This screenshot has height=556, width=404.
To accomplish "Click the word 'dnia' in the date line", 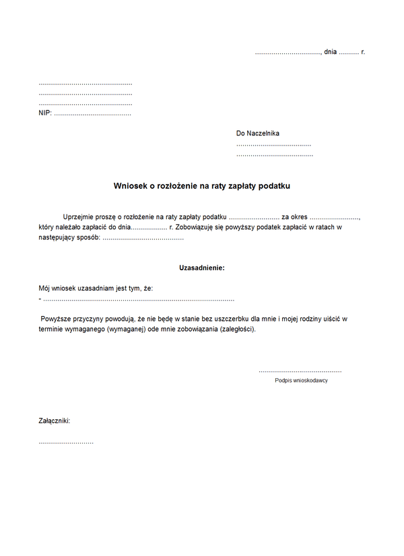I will click(330, 51).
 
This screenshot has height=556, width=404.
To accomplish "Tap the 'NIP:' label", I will click(45, 113).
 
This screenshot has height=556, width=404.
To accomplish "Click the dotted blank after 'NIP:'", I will click(92, 114).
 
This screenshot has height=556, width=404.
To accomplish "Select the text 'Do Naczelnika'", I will click(257, 133).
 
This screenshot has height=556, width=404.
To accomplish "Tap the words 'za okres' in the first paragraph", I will click(294, 217).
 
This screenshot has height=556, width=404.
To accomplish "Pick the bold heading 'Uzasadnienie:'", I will click(201, 268).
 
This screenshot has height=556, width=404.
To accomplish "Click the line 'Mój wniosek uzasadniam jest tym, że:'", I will click(96, 288).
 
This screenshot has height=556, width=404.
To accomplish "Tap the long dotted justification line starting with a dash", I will click(137, 299).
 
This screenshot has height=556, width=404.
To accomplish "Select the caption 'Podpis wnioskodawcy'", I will click(301, 381).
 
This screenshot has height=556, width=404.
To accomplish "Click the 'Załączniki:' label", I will click(55, 421).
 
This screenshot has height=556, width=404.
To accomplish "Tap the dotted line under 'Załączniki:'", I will click(66, 442).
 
